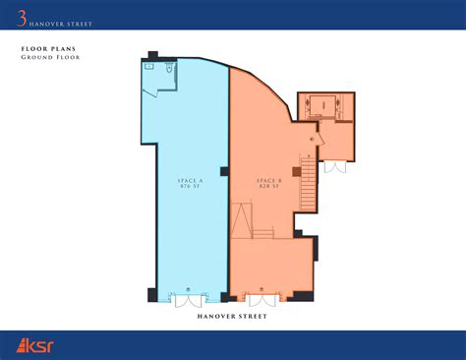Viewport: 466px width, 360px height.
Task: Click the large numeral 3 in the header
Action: tap(22, 13)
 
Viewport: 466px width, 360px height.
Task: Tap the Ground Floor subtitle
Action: tap(50, 57)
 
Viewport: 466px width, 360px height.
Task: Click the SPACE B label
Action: tap(268, 180)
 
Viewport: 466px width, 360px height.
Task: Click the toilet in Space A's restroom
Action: tap(170, 72)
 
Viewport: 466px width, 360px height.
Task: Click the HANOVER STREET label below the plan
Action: tap(232, 317)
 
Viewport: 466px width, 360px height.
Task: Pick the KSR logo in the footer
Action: tap(37, 345)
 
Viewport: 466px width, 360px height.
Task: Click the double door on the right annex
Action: tap(336, 165)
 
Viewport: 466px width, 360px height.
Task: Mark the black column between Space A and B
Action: tap(225, 173)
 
